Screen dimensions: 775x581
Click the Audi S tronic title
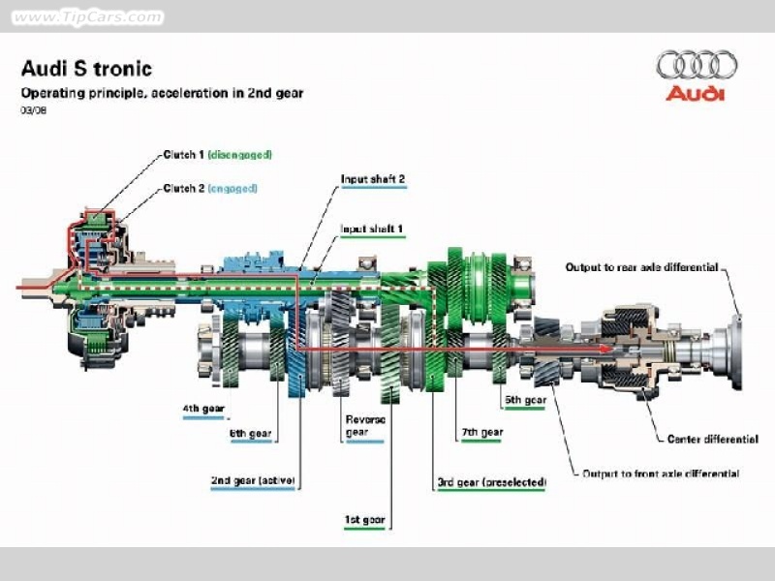click(x=86, y=69)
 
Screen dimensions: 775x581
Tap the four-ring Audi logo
click(x=697, y=64)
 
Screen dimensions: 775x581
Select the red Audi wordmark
click(x=696, y=93)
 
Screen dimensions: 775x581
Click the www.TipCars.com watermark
click(x=87, y=17)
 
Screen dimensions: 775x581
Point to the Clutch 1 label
click(x=217, y=155)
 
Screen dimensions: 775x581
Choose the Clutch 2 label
click(x=210, y=188)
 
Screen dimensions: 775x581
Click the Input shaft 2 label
click(x=373, y=179)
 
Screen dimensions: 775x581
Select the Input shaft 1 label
click(x=372, y=229)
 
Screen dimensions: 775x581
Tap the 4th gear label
click(x=203, y=409)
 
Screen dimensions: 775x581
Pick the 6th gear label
click(x=251, y=434)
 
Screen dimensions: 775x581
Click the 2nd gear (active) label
click(x=253, y=480)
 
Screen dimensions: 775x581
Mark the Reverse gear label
click(x=365, y=426)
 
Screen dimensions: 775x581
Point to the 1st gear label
click(x=365, y=520)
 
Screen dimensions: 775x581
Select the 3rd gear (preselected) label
click(x=492, y=482)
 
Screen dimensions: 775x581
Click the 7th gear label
click(x=482, y=432)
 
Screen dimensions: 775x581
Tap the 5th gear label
click(x=525, y=400)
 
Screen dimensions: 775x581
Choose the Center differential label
click(x=713, y=440)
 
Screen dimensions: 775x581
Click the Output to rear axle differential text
click(x=641, y=267)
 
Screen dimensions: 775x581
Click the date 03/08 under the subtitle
click(x=34, y=110)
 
